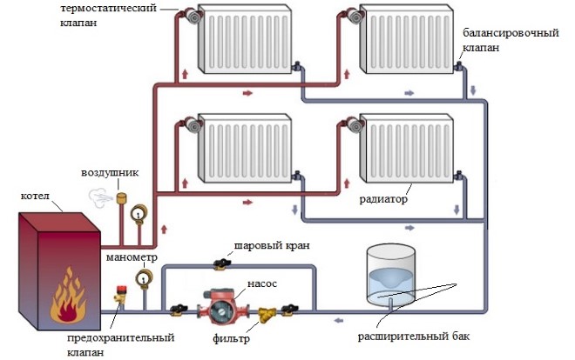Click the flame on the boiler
pyautogui.click(x=68, y=297)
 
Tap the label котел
pyautogui.click(x=35, y=197)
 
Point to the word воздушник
pyautogui.click(x=110, y=173)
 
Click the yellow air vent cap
pyautogui.click(x=121, y=198)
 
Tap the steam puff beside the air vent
pyautogui.click(x=100, y=198)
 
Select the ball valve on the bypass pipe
pyautogui.click(x=221, y=263)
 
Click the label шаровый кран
pyautogui.click(x=272, y=245)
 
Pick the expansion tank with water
pyautogui.click(x=391, y=277)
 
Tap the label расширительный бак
pyautogui.click(x=414, y=337)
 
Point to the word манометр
pyautogui.click(x=132, y=257)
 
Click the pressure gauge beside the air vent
pyautogui.click(x=139, y=213)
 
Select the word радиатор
pyautogui.click(x=383, y=199)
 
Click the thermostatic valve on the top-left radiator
pyautogui.click(x=192, y=17)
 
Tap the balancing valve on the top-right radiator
pyautogui.click(x=458, y=67)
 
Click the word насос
pyautogui.click(x=262, y=283)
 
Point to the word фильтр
pyautogui.click(x=231, y=338)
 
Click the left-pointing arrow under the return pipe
pyautogui.click(x=339, y=321)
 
